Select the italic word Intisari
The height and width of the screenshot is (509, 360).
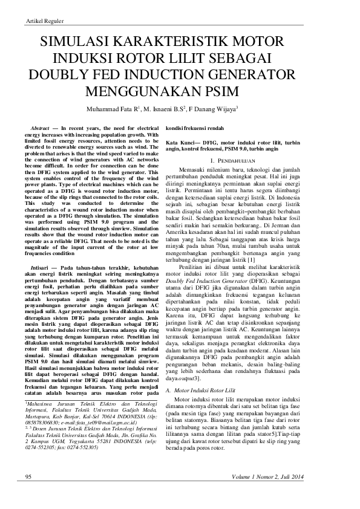point(39,267)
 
